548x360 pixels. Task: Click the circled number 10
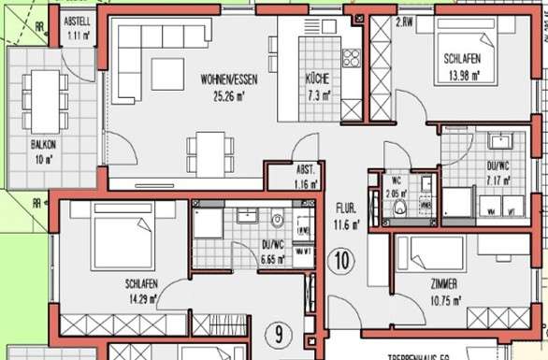coord(342,260)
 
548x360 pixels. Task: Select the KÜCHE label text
coord(316,79)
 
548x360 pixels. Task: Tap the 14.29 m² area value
coord(140,299)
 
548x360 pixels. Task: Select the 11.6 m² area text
coord(345,224)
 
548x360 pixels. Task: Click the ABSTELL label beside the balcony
coord(77,21)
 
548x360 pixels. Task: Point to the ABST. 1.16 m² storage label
coord(303,178)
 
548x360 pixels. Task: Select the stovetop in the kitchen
coord(352,59)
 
